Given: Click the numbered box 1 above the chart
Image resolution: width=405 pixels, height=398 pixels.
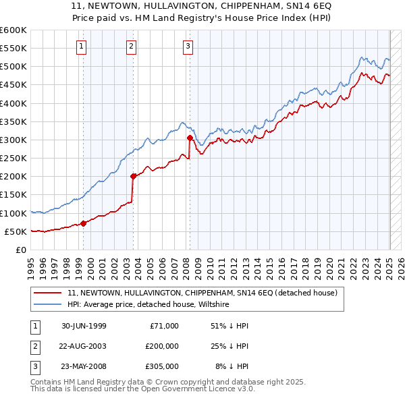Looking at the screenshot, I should [81, 47].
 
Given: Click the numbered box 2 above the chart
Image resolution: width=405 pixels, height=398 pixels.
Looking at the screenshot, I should [131, 47].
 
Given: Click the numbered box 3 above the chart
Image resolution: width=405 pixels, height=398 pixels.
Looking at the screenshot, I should [188, 47].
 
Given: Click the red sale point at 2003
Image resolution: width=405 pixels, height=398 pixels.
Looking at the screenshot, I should [133, 176].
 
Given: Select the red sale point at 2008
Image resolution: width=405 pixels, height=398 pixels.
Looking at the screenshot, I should [190, 138].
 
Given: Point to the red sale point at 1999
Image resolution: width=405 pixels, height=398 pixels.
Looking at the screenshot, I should [84, 223].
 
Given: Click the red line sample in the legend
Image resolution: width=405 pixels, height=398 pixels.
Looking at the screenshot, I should [48, 293].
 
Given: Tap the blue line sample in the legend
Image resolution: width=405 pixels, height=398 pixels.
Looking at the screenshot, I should [48, 305].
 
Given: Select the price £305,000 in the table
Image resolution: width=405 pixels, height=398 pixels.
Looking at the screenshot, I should [162, 366].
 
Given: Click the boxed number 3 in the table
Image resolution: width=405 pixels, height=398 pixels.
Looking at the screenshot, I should [34, 366].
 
